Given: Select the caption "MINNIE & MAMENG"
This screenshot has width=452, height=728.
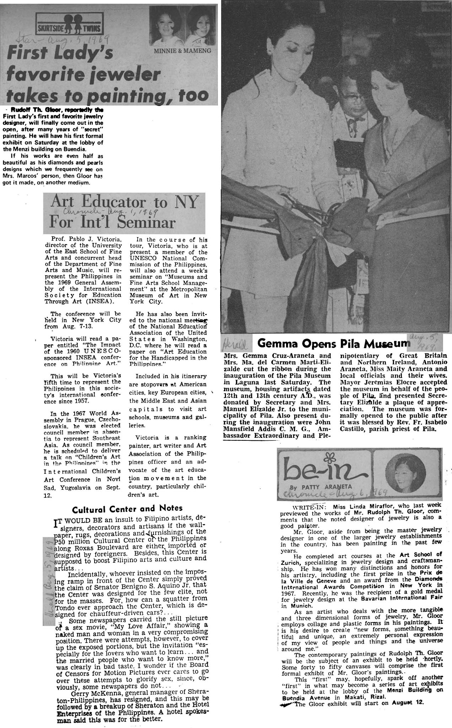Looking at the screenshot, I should point(182,50).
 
